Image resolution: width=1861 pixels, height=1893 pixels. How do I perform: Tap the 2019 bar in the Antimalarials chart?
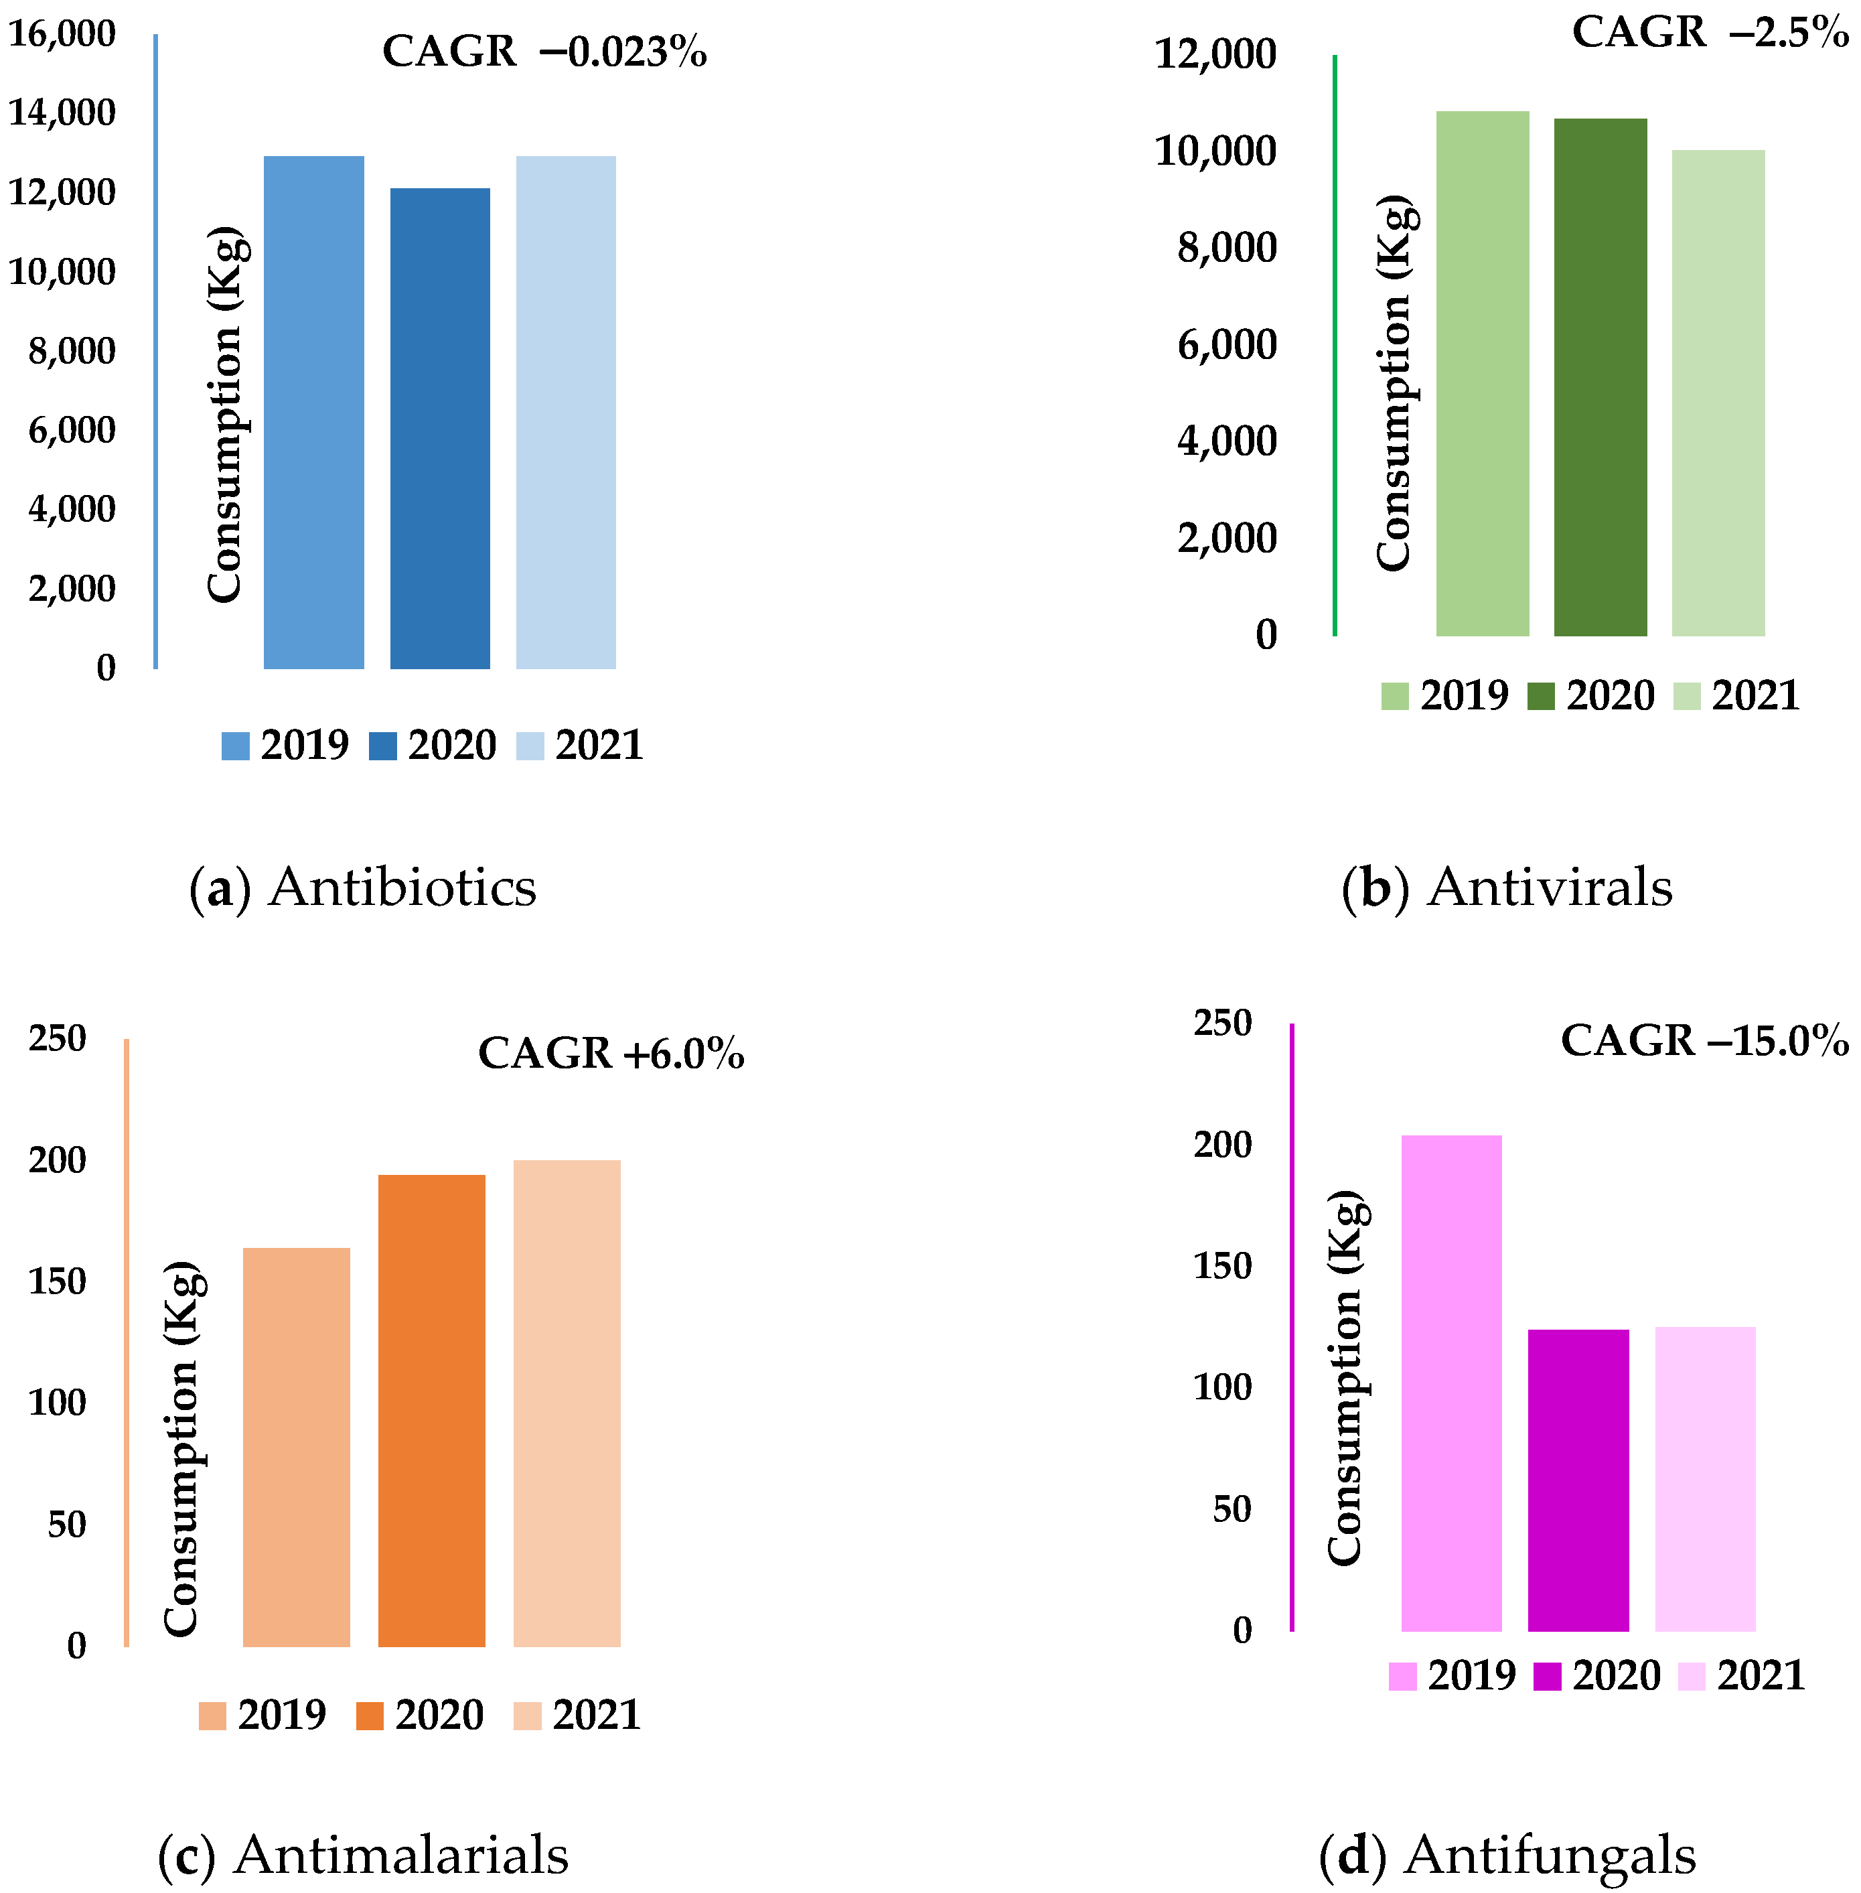tap(296, 1446)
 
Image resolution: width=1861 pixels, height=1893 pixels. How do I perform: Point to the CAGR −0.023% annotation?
tap(544, 52)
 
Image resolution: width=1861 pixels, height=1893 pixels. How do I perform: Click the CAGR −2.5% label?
tap(1710, 32)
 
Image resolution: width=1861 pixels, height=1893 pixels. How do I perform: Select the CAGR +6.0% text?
tap(611, 1053)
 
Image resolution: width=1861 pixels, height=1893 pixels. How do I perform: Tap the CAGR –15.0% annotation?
tap(1704, 1040)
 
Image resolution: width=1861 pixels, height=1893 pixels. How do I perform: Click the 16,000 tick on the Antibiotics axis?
tap(62, 34)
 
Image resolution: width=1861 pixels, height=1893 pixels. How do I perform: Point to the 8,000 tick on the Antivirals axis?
tap(1227, 249)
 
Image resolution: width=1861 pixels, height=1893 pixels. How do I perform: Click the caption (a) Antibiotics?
tap(362, 888)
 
